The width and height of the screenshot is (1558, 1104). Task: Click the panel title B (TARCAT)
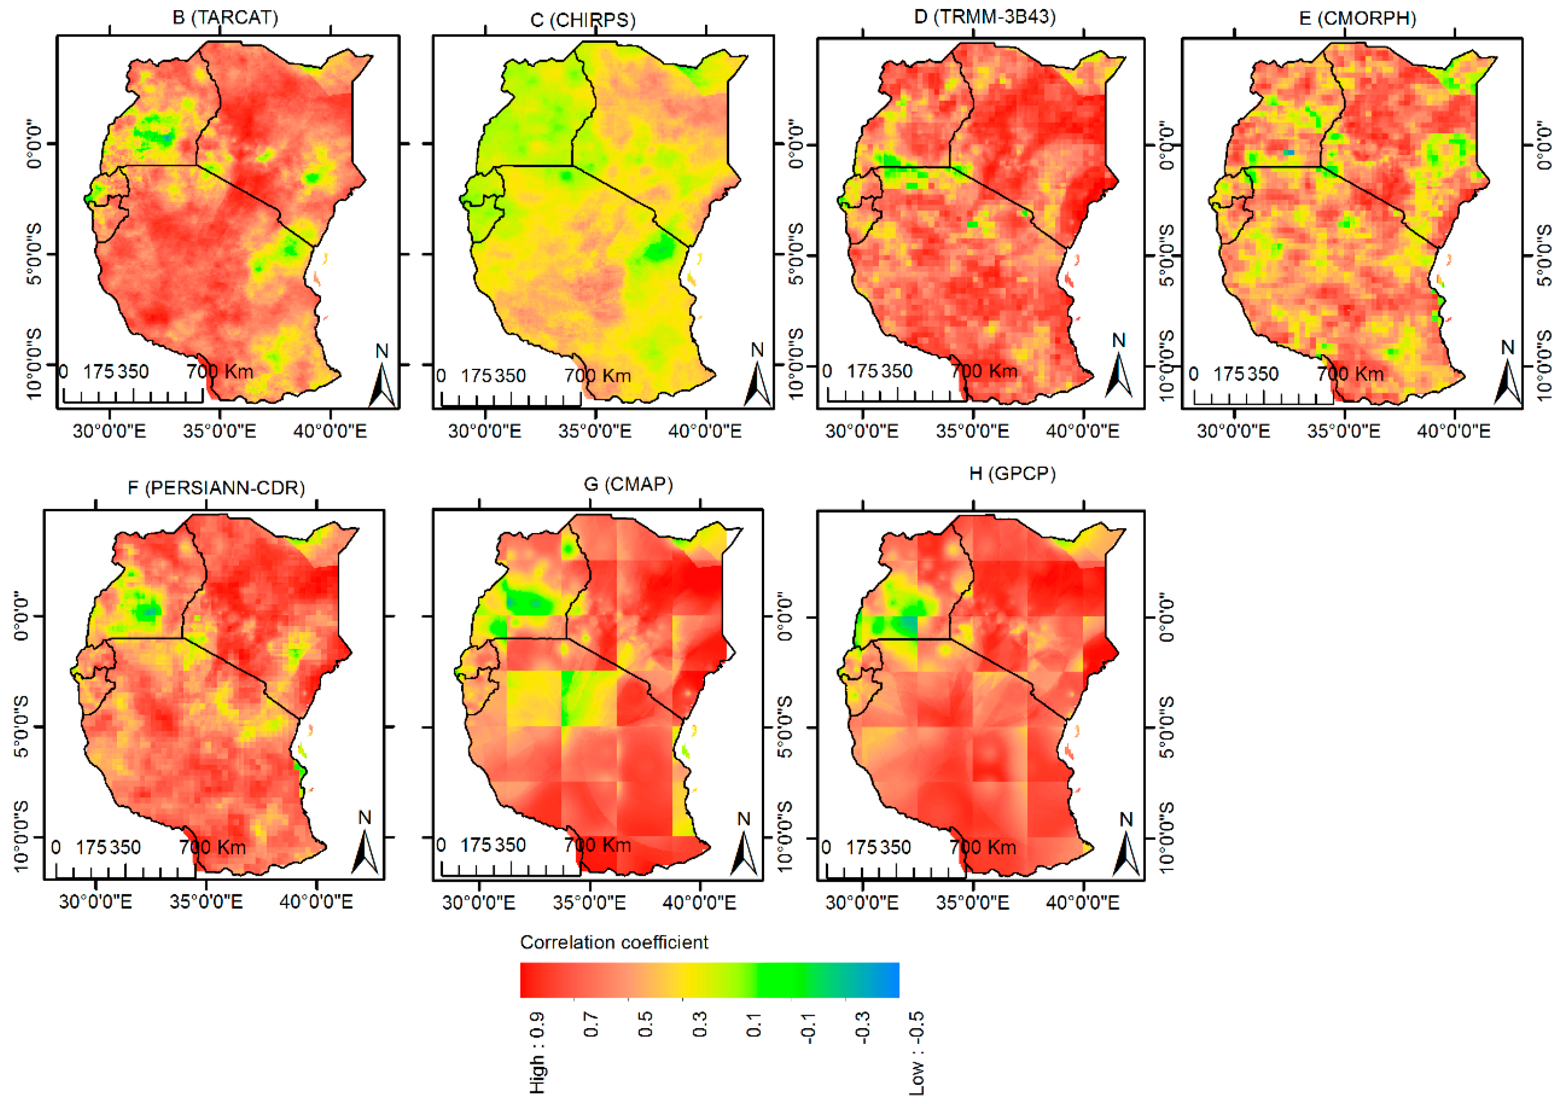pyautogui.click(x=225, y=17)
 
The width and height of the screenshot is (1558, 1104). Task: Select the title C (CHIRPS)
pyautogui.click(x=583, y=20)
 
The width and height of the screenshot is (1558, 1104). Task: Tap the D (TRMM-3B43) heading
pyautogui.click(x=985, y=16)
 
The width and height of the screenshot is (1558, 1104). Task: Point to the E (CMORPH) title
pyautogui.click(x=1358, y=19)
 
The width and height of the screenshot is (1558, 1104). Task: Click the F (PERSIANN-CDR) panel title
pyautogui.click(x=216, y=488)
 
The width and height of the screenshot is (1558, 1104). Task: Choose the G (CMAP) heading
pyautogui.click(x=629, y=484)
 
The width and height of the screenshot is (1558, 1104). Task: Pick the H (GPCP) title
pyautogui.click(x=1011, y=473)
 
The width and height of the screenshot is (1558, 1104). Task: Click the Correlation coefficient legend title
pyautogui.click(x=613, y=942)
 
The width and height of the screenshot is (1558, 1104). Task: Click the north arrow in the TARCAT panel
pyautogui.click(x=382, y=378)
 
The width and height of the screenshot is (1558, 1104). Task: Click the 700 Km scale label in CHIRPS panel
pyautogui.click(x=597, y=375)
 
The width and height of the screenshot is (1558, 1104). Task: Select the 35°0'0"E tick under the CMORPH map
pyautogui.click(x=1343, y=431)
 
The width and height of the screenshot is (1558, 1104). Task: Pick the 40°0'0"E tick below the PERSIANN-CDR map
pyautogui.click(x=316, y=902)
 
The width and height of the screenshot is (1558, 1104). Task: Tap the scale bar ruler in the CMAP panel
pyautogui.click(x=511, y=869)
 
